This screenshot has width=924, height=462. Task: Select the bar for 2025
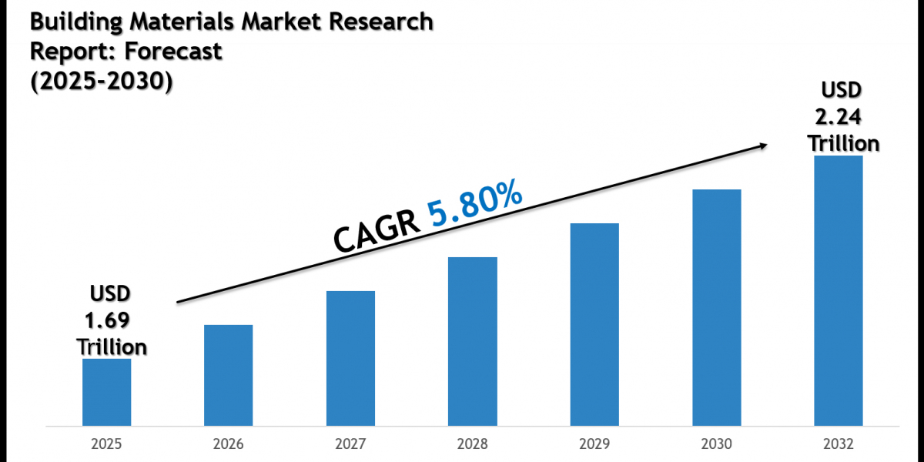click(106, 392)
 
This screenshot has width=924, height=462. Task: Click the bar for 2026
click(228, 375)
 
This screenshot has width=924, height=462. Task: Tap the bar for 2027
click(350, 358)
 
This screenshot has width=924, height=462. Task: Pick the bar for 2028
click(473, 341)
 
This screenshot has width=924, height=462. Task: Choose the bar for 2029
click(594, 324)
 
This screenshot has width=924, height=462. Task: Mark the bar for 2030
click(716, 307)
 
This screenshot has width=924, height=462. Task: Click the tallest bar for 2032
click(839, 290)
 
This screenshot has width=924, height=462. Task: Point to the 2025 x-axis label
click(106, 445)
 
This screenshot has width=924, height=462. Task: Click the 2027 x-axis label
click(350, 445)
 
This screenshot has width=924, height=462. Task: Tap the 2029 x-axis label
click(594, 445)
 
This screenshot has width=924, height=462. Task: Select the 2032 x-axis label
click(839, 445)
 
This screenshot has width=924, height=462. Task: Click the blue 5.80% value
click(475, 204)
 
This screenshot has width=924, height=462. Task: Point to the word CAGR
click(377, 232)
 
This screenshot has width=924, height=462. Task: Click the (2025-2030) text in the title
click(101, 81)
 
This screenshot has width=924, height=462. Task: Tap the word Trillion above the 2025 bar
click(112, 346)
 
